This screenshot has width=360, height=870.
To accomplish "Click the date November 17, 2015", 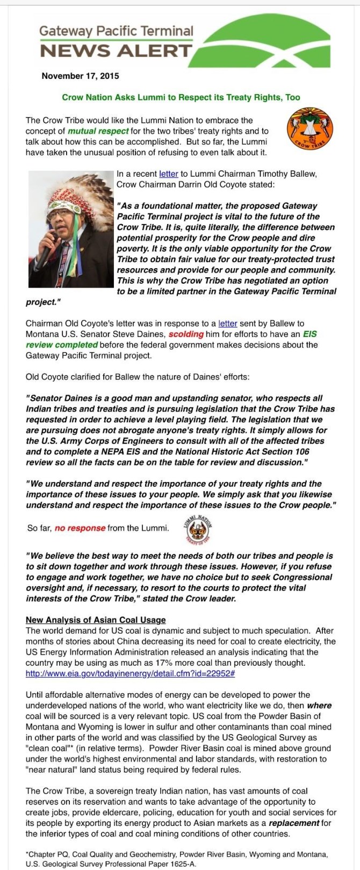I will [x=80, y=76].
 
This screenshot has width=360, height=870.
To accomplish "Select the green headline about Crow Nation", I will [x=181, y=97].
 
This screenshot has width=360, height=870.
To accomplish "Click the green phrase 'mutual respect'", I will [x=98, y=131].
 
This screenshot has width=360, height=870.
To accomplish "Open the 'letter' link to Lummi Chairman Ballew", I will [x=169, y=174].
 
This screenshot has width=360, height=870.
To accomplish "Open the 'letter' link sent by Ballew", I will [x=228, y=323].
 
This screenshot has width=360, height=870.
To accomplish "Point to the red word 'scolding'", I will [x=186, y=334].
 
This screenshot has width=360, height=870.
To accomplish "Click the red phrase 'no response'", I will [x=80, y=528].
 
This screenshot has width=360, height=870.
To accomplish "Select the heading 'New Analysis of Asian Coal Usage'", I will [x=96, y=620].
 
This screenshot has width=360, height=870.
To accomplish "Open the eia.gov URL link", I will [x=130, y=673].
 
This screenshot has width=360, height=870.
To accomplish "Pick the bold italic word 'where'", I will [x=319, y=706].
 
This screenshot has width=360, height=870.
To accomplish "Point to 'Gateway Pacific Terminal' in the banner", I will [x=116, y=31].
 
